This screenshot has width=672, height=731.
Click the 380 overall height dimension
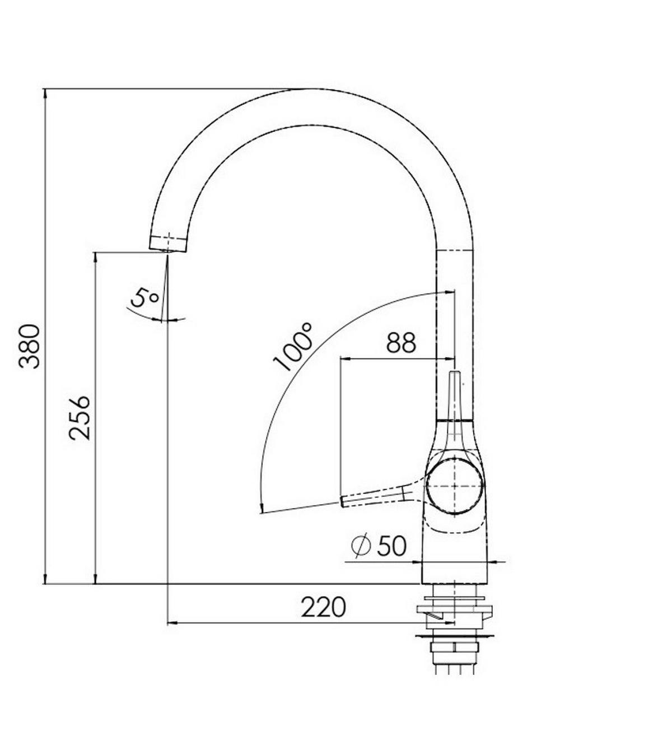point(30,345)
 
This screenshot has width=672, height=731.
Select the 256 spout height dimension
point(78,417)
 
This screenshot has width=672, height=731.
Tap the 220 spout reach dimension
point(323,607)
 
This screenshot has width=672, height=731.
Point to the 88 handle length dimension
point(401,342)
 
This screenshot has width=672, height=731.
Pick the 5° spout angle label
point(144,298)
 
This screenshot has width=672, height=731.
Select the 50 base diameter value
point(391,546)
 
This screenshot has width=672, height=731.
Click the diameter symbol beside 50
point(361,546)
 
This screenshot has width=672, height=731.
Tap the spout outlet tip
point(167,244)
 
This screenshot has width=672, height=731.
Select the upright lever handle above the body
point(455,398)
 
